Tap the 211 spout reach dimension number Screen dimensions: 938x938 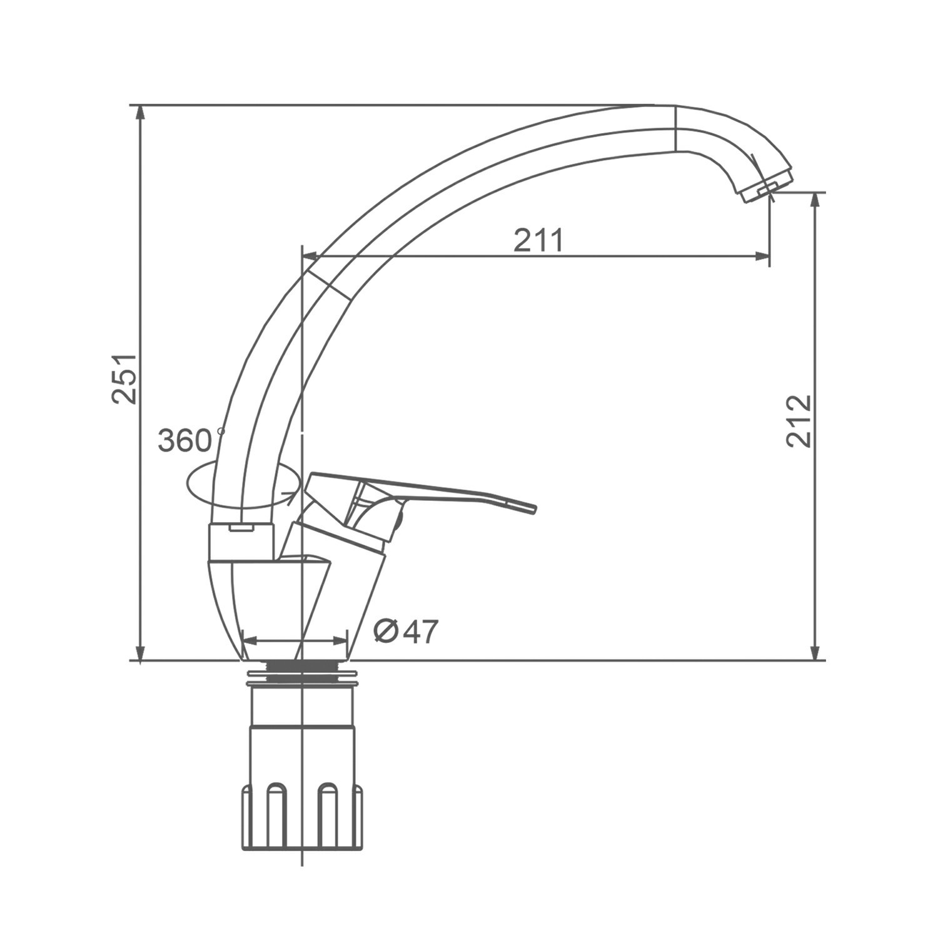[538, 240]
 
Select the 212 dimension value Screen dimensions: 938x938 [799, 421]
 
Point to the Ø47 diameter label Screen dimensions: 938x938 [406, 632]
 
